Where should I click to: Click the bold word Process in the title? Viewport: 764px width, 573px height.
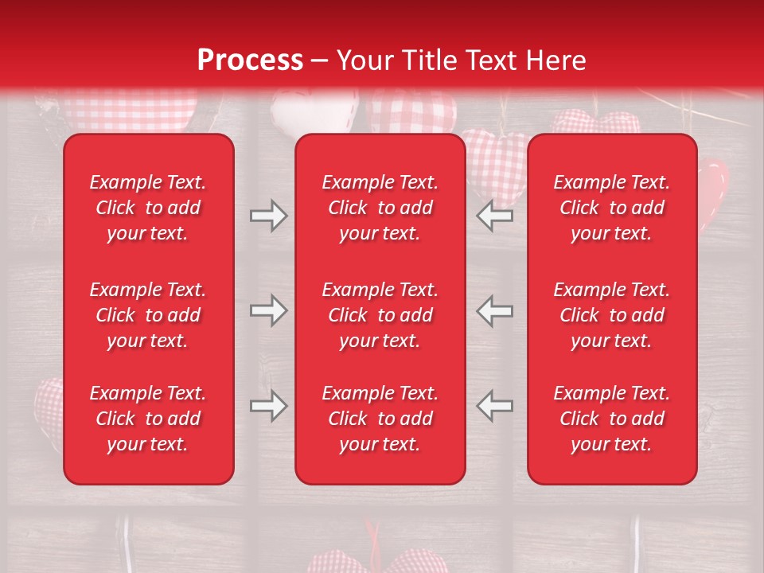point(250,60)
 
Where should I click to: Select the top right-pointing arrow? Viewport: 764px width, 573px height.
point(268,215)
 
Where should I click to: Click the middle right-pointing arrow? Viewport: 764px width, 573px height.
point(268,310)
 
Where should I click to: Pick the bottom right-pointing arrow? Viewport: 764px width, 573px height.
point(268,406)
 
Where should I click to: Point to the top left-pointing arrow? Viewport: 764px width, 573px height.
point(494,215)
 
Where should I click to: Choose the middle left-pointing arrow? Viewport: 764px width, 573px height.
point(494,310)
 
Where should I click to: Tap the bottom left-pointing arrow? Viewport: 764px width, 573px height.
point(494,406)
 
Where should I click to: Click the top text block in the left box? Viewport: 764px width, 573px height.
point(148,208)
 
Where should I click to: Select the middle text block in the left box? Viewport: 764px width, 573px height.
point(148,315)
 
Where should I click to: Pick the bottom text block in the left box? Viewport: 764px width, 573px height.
point(148,419)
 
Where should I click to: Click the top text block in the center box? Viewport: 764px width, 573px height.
point(380,208)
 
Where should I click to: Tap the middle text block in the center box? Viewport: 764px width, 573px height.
point(380,315)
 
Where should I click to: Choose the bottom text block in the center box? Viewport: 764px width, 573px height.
point(380,419)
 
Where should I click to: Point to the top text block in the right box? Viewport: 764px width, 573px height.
point(612,208)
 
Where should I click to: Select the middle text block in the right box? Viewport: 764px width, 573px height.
point(612,315)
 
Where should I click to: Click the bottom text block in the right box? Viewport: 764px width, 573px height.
point(612,419)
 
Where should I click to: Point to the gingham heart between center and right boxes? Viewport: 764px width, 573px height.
point(495,163)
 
